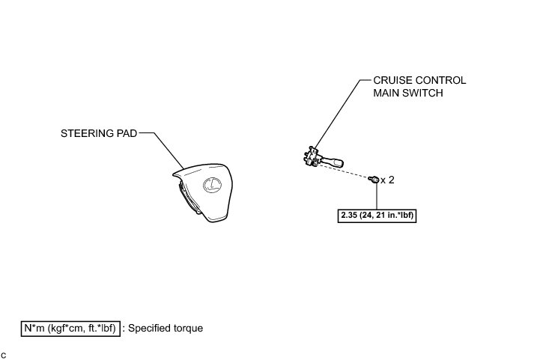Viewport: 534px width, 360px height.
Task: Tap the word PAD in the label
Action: tap(127, 135)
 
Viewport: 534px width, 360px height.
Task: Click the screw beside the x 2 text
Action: tap(372, 178)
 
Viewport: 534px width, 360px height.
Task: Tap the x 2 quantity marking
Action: tap(388, 180)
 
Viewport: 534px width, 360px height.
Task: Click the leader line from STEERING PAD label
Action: tap(165, 150)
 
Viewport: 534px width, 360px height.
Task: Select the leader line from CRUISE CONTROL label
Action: tap(337, 112)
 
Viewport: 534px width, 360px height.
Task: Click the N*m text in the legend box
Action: tap(35, 328)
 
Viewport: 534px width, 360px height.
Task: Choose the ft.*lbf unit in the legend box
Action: tap(99, 328)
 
